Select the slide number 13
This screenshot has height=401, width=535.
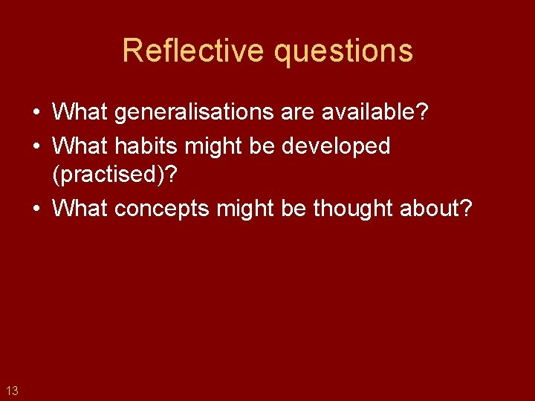12,390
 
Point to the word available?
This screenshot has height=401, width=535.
374,112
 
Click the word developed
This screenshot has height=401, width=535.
336,146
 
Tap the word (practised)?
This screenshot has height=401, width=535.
114,176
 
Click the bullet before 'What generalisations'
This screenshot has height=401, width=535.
36,113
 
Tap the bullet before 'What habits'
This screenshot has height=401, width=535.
36,146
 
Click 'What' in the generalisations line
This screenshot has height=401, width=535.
80,112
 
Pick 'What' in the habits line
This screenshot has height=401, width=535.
80,146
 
